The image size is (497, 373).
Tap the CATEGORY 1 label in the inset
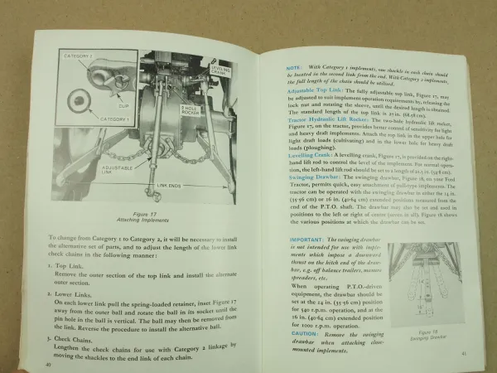[82, 121]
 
